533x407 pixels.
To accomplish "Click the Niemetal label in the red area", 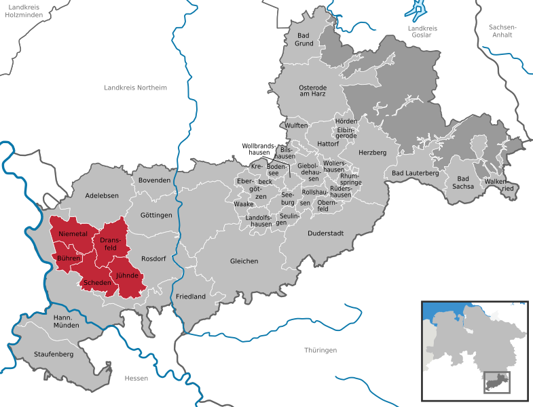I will coord(73,234).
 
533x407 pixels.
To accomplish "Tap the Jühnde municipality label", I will coord(127,276).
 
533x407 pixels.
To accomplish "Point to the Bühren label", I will coord(69,258).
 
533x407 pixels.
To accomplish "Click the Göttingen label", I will coord(157,215).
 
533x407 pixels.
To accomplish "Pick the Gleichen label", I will coord(244,261).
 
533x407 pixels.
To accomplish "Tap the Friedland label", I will coord(191,297).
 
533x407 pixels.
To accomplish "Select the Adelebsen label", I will coord(103,195).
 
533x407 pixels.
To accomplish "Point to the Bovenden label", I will coord(154,180).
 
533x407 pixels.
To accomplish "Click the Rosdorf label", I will coord(153,258).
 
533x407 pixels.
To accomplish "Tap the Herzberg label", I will coord(372,153).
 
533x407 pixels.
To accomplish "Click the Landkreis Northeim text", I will coord(135,88).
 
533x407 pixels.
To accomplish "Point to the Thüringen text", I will coord(320,350).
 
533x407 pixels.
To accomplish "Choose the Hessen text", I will coord(136,378).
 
